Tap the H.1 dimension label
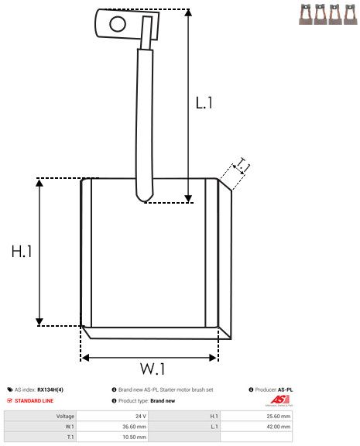click(21, 252)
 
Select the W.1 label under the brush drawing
click(153, 368)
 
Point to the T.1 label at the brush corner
click(242, 164)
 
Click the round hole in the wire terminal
click(117, 23)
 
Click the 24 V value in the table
click(141, 416)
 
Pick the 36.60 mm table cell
click(135, 426)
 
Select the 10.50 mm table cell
click(135, 436)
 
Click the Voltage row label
click(65, 416)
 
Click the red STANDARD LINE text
click(36, 401)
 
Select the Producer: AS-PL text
click(273, 389)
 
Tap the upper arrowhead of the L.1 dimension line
click(188, 13)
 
